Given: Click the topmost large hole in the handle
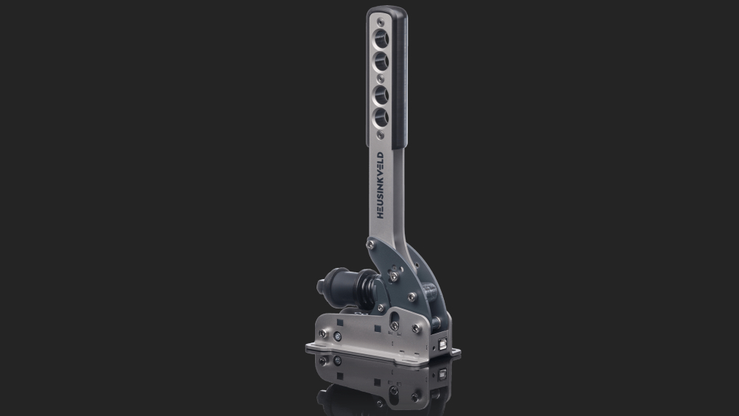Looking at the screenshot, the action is click(381, 38).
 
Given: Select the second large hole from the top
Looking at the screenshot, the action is click(381, 61).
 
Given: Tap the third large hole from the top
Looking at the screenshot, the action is click(381, 95).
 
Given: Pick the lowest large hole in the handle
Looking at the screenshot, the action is click(381, 118).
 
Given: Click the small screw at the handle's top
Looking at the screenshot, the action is click(381, 21).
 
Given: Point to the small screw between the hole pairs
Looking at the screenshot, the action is click(381, 78).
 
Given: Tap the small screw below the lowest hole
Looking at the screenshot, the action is click(381, 135).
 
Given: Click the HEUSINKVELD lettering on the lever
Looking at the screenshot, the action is click(381, 185).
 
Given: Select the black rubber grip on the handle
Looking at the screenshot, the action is click(398, 78).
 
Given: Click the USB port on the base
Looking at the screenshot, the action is click(442, 344).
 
